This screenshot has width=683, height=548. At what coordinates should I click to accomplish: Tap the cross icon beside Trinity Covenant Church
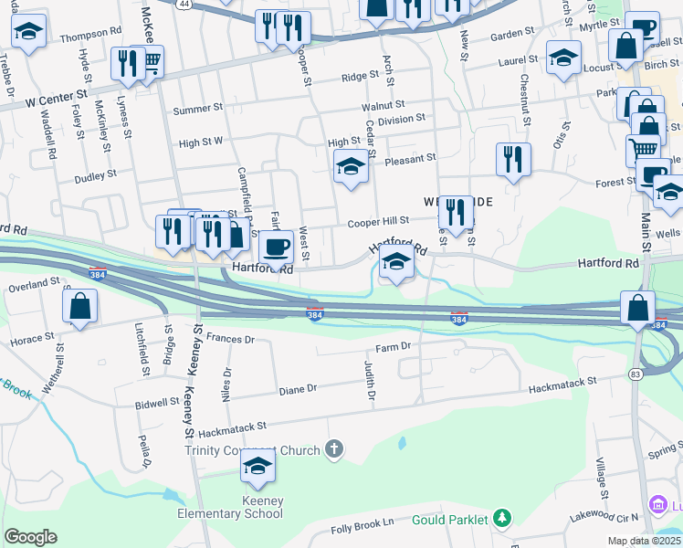[335, 448]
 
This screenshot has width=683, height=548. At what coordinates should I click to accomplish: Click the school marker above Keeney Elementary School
[258, 467]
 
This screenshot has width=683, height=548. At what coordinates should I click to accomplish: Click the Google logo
[31, 537]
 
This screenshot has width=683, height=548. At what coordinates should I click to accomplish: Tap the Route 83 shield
[636, 374]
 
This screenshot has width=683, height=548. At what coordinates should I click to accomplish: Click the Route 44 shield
[184, 4]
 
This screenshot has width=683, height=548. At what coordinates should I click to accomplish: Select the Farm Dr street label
[394, 348]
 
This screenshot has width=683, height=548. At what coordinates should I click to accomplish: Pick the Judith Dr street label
[370, 381]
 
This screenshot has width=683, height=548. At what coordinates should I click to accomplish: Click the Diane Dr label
[298, 389]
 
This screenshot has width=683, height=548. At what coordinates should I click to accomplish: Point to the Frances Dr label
[230, 339]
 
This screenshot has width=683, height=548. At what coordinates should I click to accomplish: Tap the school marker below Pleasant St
[350, 168]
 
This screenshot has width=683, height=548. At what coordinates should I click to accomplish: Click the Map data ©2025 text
[645, 541]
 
